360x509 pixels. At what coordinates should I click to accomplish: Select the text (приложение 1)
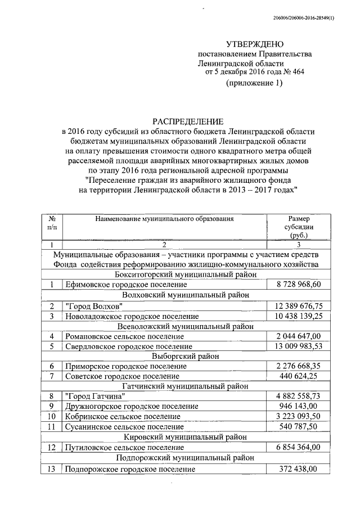tap(254, 83)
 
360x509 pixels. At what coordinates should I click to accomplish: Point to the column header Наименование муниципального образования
tap(164, 217)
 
